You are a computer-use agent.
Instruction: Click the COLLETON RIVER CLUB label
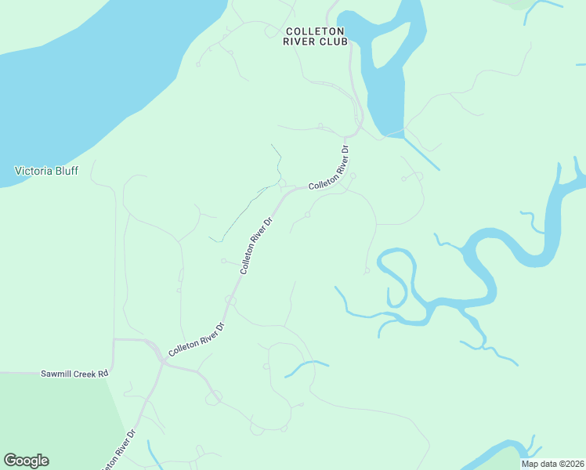(x=316, y=36)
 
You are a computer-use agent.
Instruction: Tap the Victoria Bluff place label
(x=47, y=170)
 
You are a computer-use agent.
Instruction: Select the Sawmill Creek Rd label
(x=74, y=374)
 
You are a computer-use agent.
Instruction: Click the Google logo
(x=26, y=461)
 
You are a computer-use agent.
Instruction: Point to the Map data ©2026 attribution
(x=552, y=464)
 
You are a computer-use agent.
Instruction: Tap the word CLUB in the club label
(x=333, y=42)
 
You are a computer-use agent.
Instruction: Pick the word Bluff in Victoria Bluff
(x=65, y=170)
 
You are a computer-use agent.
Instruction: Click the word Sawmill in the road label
(x=56, y=374)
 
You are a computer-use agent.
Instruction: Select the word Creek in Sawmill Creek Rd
(x=85, y=374)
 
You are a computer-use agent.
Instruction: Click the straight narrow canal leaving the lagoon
(x=421, y=154)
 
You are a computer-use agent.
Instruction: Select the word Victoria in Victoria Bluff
(x=34, y=170)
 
